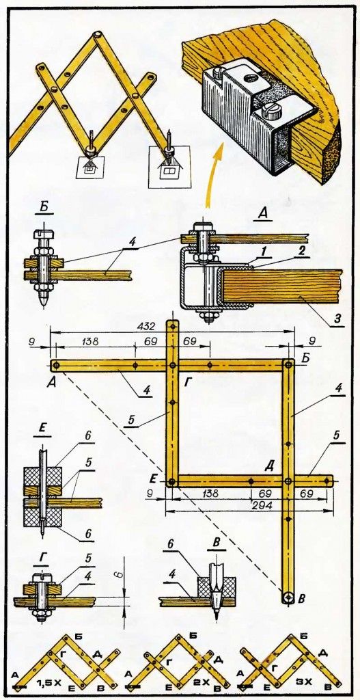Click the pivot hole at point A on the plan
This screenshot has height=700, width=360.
[x=55, y=366]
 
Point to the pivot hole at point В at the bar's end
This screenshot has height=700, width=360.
[x=288, y=597]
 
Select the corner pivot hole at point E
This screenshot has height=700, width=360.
[x=171, y=482]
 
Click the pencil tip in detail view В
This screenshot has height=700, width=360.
[x=215, y=618]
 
